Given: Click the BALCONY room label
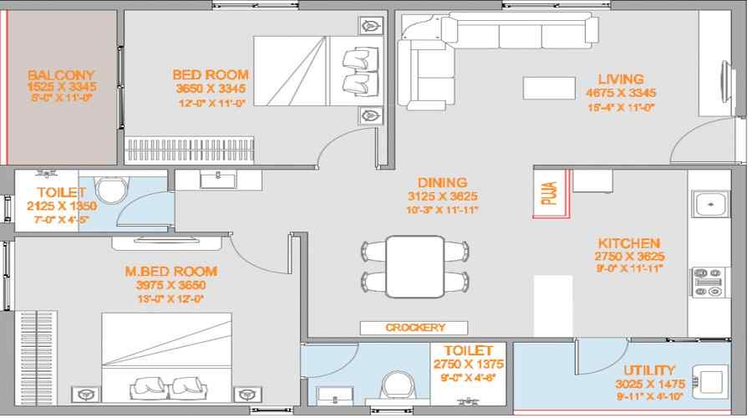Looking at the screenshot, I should click(x=61, y=74).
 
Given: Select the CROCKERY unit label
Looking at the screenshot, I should click(x=415, y=328).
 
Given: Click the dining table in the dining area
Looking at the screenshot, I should click(x=414, y=266).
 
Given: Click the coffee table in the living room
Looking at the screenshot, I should click(x=548, y=88).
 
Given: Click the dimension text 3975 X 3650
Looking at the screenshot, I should click(x=170, y=285).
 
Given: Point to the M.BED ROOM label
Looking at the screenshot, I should click(x=170, y=271).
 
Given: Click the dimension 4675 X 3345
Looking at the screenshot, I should click(x=620, y=93).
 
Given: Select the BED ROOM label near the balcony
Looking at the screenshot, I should click(x=211, y=74).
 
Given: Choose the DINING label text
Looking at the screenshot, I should click(x=444, y=182).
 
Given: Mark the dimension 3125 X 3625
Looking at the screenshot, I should click(x=444, y=197).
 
